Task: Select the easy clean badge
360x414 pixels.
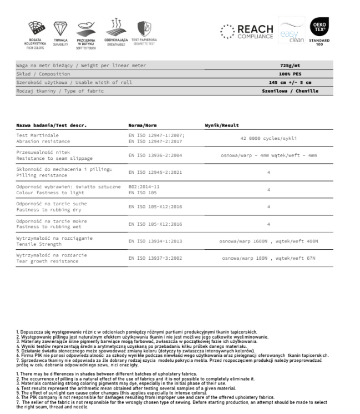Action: coord(290,32)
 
